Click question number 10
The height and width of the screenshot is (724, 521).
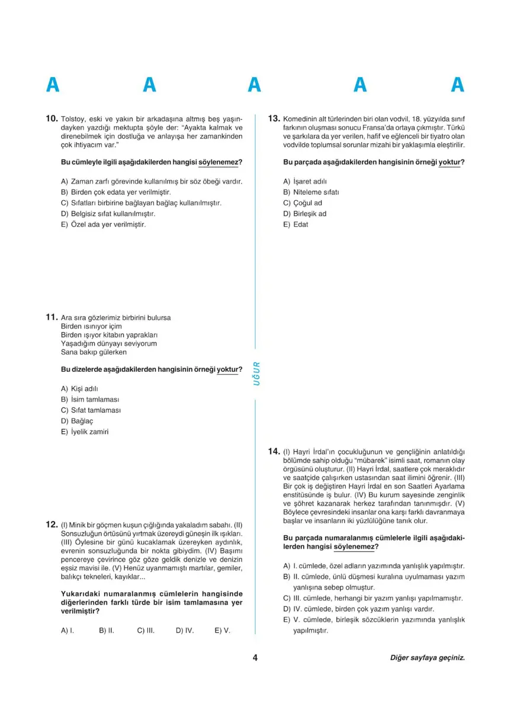(52, 118)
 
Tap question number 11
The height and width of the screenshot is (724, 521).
(51, 317)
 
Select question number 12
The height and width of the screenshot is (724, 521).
(51, 525)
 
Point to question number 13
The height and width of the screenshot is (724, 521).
(274, 118)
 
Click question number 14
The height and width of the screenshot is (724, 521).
(274, 452)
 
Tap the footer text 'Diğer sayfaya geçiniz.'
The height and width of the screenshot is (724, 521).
(427, 658)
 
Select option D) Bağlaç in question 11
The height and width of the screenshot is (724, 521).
(73, 421)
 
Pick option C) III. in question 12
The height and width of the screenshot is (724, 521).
(146, 631)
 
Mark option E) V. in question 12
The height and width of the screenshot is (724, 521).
(222, 631)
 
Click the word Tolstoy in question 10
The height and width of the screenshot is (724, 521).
(74, 118)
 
